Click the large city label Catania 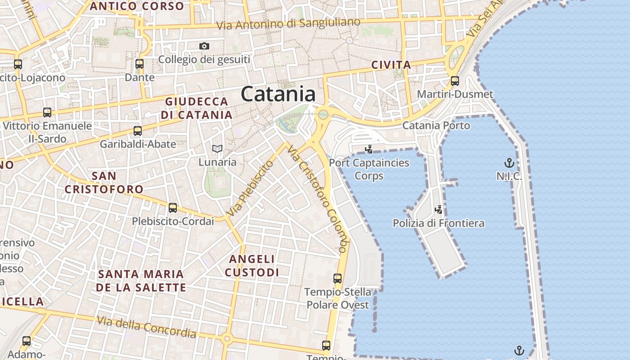(x=278, y=94)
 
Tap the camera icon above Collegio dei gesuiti (x=204, y=46)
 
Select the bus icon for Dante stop (x=139, y=64)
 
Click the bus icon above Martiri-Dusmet (x=455, y=81)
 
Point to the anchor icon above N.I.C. (x=509, y=162)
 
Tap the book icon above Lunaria (x=217, y=148)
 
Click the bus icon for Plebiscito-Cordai (x=173, y=208)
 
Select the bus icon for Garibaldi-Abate (x=138, y=131)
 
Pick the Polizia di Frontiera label (x=438, y=223)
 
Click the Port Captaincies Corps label (x=369, y=169)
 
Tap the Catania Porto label (x=436, y=126)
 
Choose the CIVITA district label (x=391, y=65)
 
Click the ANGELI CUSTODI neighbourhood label (x=252, y=265)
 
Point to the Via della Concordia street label (x=147, y=327)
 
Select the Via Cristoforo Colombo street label (x=318, y=198)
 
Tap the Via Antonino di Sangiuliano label (x=288, y=24)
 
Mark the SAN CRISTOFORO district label (x=104, y=182)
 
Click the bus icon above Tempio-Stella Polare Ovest (x=337, y=279)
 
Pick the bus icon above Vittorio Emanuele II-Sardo (x=47, y=112)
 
